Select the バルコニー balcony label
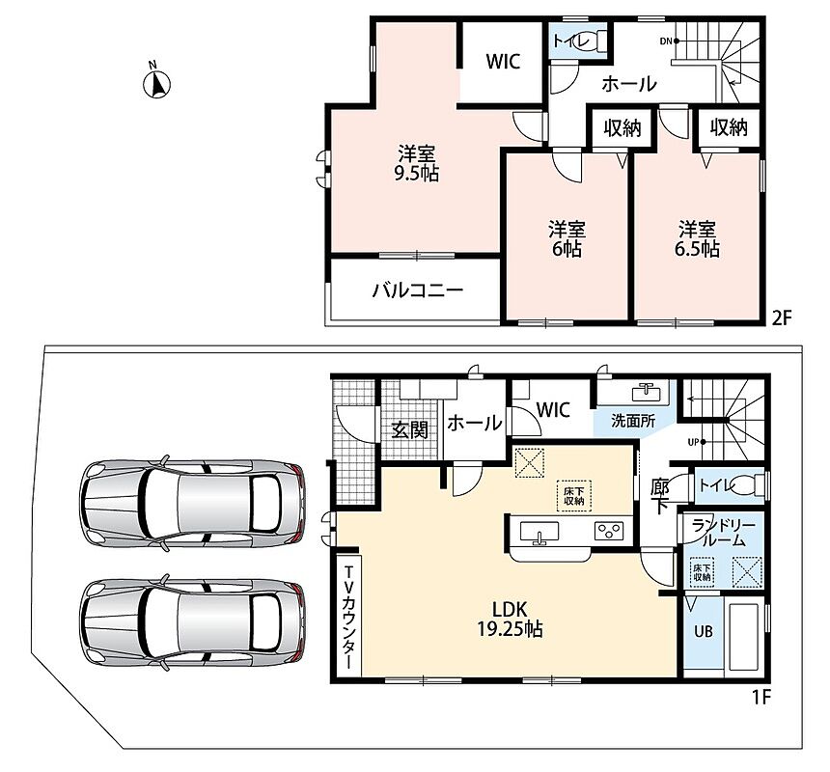point(418,289)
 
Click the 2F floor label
point(782,317)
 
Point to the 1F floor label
point(761,698)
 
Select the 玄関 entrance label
point(410,429)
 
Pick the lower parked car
point(192,620)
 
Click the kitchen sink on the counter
point(539,532)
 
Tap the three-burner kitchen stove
point(609,531)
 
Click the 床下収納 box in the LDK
point(574,496)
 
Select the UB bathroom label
point(703,631)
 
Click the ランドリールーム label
point(723,533)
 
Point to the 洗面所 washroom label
point(633,421)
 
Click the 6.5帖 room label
point(697,239)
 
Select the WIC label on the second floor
point(503,62)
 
